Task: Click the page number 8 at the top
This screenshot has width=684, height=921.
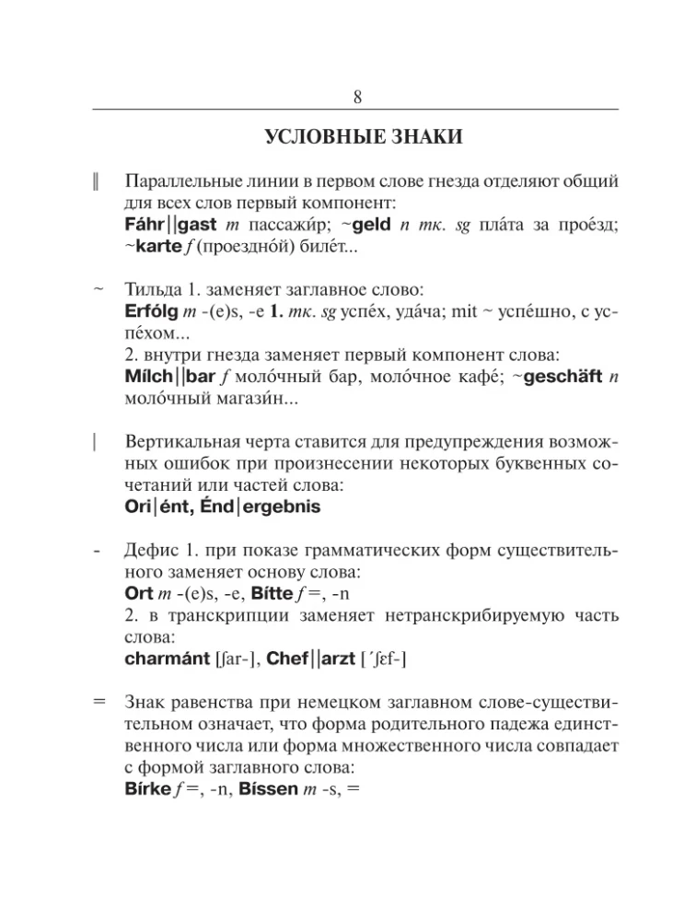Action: [357, 97]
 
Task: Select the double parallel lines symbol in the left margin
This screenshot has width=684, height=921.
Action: [97, 179]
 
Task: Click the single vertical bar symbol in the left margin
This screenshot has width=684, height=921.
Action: [97, 443]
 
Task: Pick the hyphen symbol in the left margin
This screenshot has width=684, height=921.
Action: [97, 552]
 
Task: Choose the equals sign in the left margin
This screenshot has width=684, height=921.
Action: [99, 701]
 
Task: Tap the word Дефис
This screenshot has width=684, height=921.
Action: [149, 553]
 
